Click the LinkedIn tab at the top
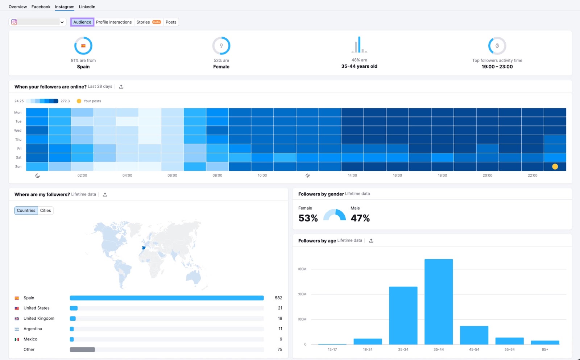(x=87, y=7)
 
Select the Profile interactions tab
(x=114, y=22)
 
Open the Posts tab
(x=171, y=22)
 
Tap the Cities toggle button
(x=45, y=211)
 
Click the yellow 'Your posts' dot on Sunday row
(x=555, y=167)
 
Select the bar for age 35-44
(x=439, y=302)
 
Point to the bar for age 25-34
(x=403, y=315)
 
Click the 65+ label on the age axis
(x=545, y=349)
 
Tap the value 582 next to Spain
(x=278, y=298)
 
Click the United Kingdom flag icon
(x=17, y=319)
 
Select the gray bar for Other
(x=82, y=349)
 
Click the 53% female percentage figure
(x=308, y=218)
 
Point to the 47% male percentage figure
(x=360, y=218)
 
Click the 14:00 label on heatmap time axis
(x=352, y=175)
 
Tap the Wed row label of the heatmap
(x=18, y=131)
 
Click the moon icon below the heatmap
(x=38, y=176)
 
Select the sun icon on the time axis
(x=307, y=176)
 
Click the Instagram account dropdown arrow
(x=62, y=22)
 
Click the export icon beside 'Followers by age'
(x=371, y=241)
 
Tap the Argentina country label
(x=33, y=329)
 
